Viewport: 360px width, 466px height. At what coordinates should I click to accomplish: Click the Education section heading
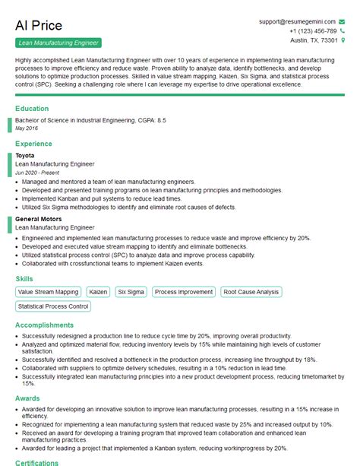click(x=33, y=109)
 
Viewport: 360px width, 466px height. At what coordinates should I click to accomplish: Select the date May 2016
click(x=27, y=128)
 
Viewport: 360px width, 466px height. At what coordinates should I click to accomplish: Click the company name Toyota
click(x=24, y=155)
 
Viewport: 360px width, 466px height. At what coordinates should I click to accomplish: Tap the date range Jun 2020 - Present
click(x=36, y=173)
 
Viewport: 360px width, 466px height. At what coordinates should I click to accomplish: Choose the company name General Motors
click(x=39, y=219)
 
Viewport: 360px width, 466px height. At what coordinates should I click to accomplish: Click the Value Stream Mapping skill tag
click(x=48, y=292)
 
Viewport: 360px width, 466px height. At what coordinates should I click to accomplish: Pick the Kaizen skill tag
click(x=98, y=292)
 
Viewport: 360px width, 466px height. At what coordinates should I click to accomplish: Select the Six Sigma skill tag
click(x=131, y=292)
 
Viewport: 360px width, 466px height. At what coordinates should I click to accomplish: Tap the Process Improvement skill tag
click(x=183, y=292)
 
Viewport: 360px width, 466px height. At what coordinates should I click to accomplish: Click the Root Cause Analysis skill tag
click(x=251, y=292)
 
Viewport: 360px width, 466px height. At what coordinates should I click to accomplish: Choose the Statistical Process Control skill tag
click(x=53, y=306)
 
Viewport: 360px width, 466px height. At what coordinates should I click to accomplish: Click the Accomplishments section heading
click(x=45, y=325)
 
